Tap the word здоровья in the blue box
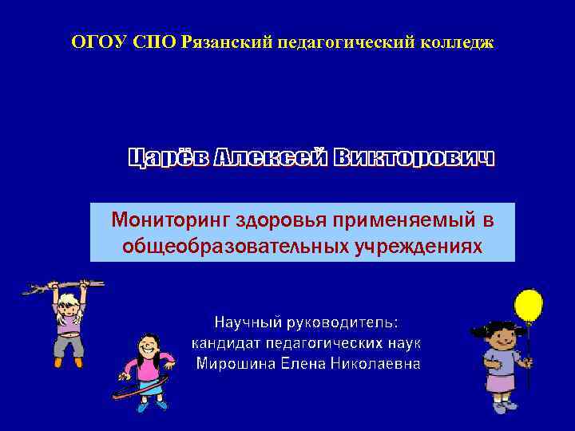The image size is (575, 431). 294,219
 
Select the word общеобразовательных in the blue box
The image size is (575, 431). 235,246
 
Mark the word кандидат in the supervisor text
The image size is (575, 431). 228,343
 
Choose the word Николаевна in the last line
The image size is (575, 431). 376,364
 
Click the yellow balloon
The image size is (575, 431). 528,306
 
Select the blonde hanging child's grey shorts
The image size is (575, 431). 69,345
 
